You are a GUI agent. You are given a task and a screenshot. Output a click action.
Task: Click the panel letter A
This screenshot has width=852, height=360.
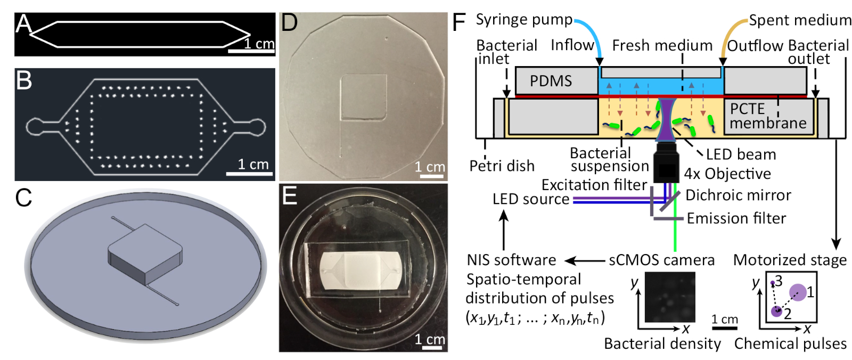pyautogui.click(x=24, y=23)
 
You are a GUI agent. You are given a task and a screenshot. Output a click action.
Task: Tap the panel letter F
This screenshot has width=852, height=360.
pyautogui.click(x=458, y=23)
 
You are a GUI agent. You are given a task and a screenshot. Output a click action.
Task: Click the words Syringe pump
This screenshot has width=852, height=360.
pyautogui.click(x=524, y=20)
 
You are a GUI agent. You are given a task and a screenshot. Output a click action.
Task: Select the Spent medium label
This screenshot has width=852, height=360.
pyautogui.click(x=800, y=20)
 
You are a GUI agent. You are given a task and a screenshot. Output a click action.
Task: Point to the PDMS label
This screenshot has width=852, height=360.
pyautogui.click(x=551, y=81)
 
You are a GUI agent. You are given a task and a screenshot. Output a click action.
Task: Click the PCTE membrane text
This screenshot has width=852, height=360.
pyautogui.click(x=767, y=116)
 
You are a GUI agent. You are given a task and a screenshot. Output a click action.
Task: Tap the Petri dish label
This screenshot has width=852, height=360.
pyautogui.click(x=502, y=166)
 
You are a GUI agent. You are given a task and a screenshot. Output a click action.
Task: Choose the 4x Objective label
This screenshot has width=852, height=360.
pyautogui.click(x=727, y=174)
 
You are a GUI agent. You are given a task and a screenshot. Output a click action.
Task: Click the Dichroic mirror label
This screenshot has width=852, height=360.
pyautogui.click(x=738, y=195)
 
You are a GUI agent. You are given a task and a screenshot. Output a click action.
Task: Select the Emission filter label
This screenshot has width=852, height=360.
pyautogui.click(x=736, y=218)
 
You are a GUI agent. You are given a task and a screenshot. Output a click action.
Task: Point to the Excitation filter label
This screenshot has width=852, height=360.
pyautogui.click(x=594, y=185)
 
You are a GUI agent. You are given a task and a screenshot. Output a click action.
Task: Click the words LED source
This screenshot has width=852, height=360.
pyautogui.click(x=531, y=199)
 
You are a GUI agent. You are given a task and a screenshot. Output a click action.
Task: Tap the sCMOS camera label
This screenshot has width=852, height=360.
pyautogui.click(x=661, y=260)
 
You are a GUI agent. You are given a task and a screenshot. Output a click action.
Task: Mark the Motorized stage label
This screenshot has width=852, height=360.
pyautogui.click(x=790, y=260)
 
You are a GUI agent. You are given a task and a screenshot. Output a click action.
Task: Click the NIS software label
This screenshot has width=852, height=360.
pyautogui.click(x=511, y=260)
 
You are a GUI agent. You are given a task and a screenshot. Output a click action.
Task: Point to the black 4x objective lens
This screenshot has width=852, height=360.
pyautogui.click(x=666, y=165)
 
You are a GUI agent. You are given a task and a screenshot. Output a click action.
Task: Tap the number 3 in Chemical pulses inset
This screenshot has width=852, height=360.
pyautogui.click(x=779, y=281)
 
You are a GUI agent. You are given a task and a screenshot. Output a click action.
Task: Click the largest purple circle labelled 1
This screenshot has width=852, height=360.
pyautogui.click(x=797, y=292)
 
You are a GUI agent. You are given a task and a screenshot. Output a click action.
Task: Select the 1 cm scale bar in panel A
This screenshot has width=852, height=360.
pyautogui.click(x=251, y=51)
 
